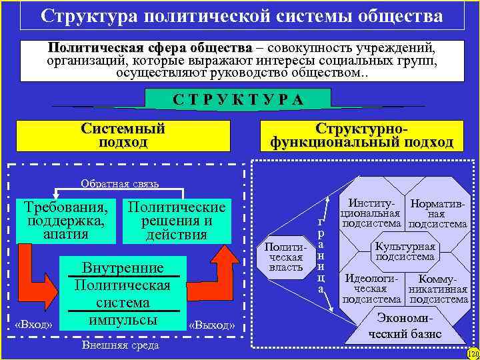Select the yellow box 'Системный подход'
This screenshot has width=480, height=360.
(123, 135)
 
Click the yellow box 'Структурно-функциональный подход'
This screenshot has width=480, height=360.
(361, 135)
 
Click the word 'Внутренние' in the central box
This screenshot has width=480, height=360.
(122, 268)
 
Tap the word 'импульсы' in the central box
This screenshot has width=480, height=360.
(122, 320)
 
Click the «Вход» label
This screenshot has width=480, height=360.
(33, 325)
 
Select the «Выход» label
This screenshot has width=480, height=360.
(212, 325)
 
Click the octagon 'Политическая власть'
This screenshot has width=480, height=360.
(285, 257)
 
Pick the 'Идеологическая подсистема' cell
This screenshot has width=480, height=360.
(370, 289)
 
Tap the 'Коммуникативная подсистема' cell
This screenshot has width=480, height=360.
(437, 289)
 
